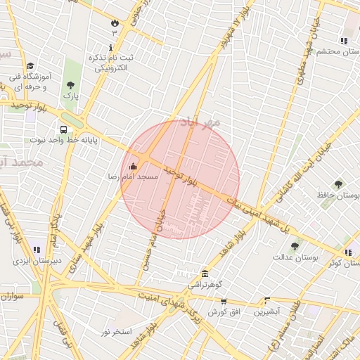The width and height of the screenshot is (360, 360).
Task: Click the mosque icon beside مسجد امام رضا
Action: pyautogui.click(x=134, y=166)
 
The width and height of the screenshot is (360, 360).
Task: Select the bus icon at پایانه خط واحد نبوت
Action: pyautogui.click(x=64, y=130)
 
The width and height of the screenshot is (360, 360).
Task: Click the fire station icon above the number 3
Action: pyautogui.click(x=115, y=22)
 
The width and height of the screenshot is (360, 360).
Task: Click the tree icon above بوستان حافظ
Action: pyautogui.click(x=338, y=184)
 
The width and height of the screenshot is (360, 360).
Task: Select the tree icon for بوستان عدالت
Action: pyautogui.click(x=295, y=246)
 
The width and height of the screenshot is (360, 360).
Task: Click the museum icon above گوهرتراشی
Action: pyautogui.click(x=205, y=274)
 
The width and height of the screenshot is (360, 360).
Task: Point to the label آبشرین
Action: pyautogui.click(x=267, y=310)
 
